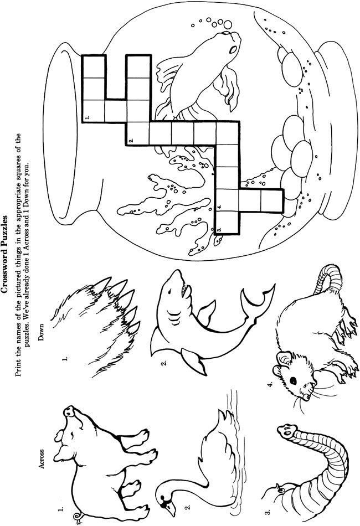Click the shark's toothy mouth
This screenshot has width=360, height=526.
click(183, 289)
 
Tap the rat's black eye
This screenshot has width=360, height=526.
click(293, 381)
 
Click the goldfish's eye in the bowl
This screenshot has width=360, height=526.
click(232, 50)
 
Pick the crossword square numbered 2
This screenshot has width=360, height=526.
click(138, 133)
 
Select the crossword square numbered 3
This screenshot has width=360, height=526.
click(227, 223)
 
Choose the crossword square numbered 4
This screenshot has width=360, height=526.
click(227, 200)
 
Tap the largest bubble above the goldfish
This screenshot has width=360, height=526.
click(228, 24)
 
